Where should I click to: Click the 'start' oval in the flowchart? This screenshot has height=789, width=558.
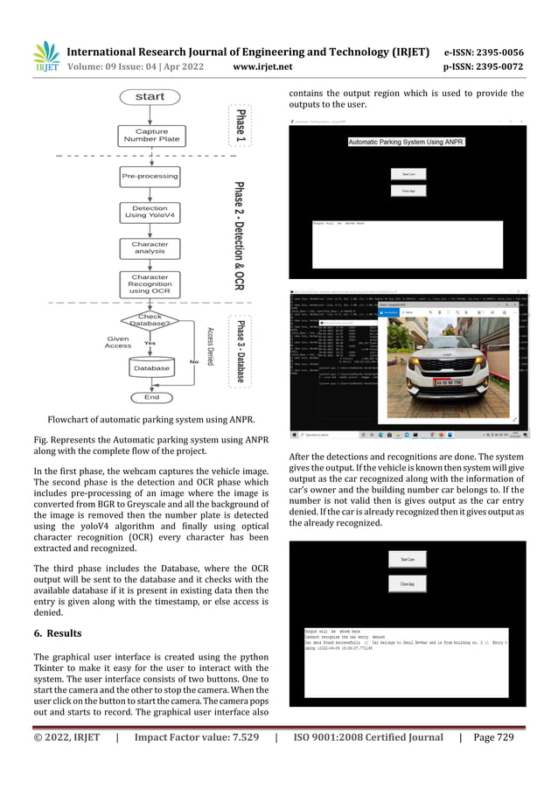[x=150, y=96]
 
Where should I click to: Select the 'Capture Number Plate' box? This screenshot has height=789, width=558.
[x=150, y=136]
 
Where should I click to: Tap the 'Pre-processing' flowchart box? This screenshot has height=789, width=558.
[x=150, y=176]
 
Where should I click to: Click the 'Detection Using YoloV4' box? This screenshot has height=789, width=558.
[x=150, y=212]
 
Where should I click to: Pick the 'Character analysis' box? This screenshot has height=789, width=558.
[x=150, y=248]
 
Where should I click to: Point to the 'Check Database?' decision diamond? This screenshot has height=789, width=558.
[x=150, y=321]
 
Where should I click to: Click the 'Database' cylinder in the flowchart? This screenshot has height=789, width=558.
[x=150, y=368]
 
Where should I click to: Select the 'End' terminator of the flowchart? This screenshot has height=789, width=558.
[x=150, y=397]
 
